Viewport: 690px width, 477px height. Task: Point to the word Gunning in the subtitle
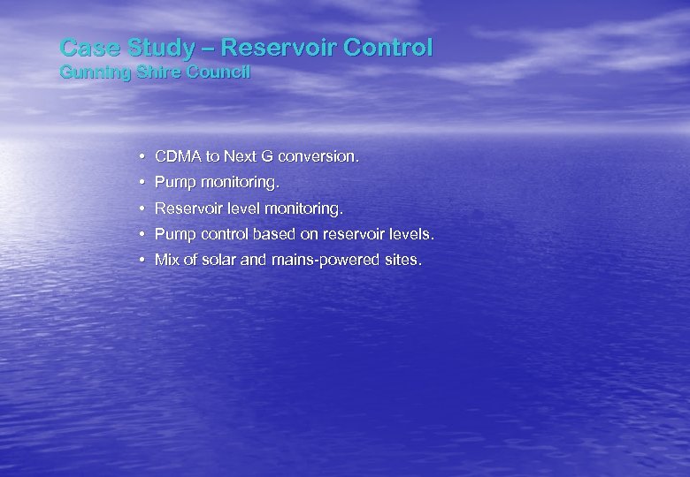(x=88, y=72)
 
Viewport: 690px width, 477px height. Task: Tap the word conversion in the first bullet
(x=318, y=157)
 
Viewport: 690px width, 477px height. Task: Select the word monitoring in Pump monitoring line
(x=238, y=184)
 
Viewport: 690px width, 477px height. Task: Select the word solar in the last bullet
(x=217, y=261)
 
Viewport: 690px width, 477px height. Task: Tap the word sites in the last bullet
(x=402, y=261)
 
